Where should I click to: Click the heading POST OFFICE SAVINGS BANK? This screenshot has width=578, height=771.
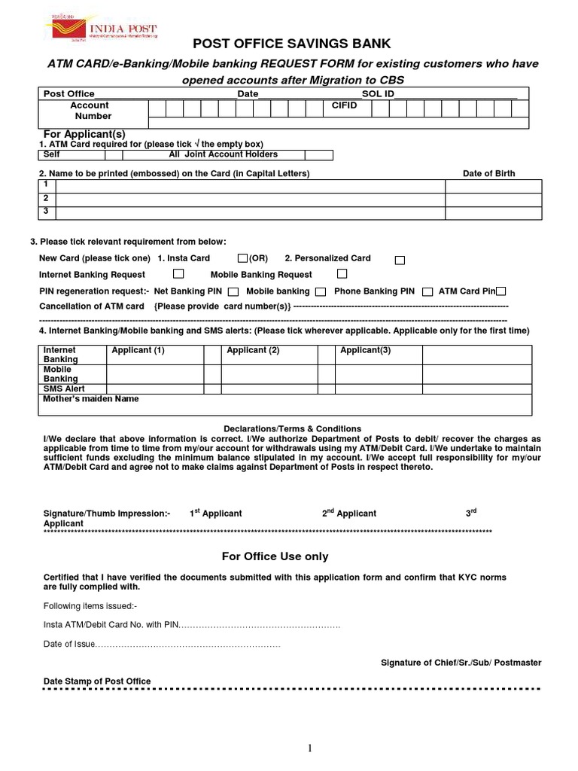[x=292, y=44]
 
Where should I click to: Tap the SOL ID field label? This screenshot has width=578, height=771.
[x=378, y=94]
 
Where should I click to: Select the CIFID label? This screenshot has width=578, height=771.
[x=345, y=106]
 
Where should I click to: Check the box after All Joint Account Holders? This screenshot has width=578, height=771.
[x=319, y=155]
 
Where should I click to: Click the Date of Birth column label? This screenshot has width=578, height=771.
[x=488, y=174]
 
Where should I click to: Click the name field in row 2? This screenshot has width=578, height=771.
[x=251, y=200]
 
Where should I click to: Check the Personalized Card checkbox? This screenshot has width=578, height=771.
[x=400, y=260]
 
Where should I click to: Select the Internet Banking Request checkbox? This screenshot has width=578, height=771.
[x=178, y=274]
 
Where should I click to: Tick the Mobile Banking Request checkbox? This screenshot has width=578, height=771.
[x=342, y=274]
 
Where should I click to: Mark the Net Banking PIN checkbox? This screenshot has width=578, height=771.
[x=233, y=291]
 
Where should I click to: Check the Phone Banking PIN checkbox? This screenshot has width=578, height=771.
[x=427, y=291]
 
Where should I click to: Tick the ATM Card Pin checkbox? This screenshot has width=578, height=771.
[x=501, y=291]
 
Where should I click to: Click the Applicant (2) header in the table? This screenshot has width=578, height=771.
[x=253, y=351]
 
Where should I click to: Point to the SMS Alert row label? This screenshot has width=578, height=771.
[x=64, y=389]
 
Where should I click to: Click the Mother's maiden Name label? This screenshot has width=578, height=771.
[x=91, y=399]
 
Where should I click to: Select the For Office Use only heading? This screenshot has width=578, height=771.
[x=275, y=557]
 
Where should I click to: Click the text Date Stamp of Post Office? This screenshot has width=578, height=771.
[x=97, y=681]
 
